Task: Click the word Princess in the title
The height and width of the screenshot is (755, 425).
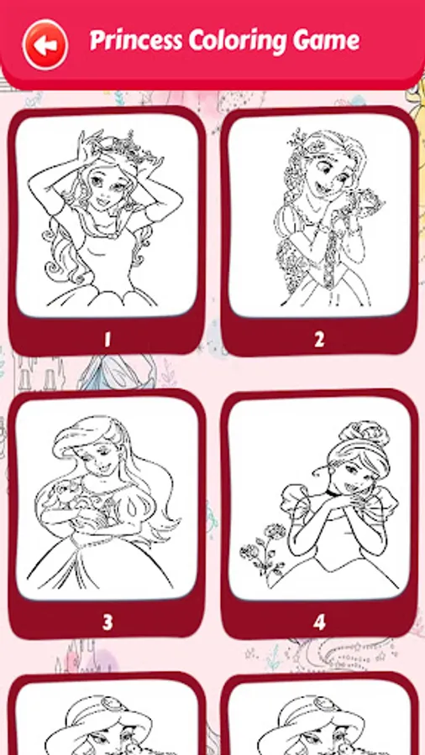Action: point(128,40)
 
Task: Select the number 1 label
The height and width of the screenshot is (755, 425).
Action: point(107,339)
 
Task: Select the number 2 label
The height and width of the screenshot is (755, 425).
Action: point(319,339)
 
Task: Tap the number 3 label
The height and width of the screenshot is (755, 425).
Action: point(107,622)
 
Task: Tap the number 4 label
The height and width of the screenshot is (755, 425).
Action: point(319,622)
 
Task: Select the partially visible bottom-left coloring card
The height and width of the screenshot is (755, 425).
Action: point(107,721)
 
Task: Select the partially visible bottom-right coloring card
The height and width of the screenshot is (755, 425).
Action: point(319,721)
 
